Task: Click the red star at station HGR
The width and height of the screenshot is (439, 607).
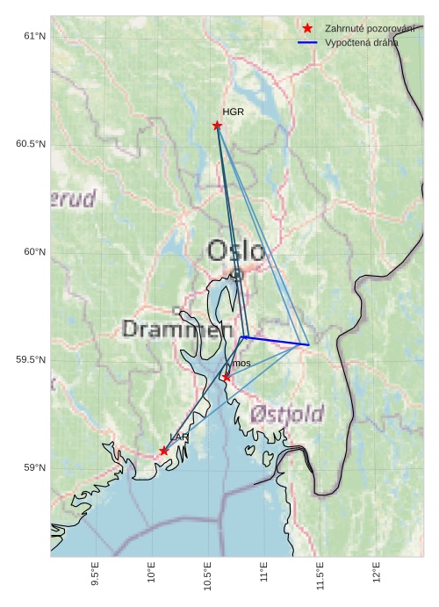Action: tap(217, 126)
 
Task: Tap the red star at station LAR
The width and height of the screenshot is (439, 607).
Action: tap(164, 451)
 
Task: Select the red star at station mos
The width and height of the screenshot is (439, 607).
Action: tap(226, 378)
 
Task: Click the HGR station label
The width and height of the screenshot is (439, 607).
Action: tap(233, 112)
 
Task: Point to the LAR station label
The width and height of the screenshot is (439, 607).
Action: tap(179, 437)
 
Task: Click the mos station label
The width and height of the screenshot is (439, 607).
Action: tap(241, 364)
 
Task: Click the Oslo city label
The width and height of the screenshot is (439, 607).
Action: tap(235, 251)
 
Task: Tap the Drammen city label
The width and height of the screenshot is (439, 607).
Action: tap(170, 329)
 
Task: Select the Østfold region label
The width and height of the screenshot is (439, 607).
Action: tap(286, 414)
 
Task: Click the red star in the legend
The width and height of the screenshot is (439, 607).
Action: tap(307, 28)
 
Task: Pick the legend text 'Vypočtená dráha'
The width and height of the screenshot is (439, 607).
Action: tap(361, 42)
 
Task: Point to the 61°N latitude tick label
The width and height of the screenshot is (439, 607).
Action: tap(33, 36)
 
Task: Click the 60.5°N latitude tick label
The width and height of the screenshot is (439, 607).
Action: tap(30, 144)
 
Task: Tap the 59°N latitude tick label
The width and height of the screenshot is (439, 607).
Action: tap(33, 468)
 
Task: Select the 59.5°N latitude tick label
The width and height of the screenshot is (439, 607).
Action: tap(30, 360)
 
